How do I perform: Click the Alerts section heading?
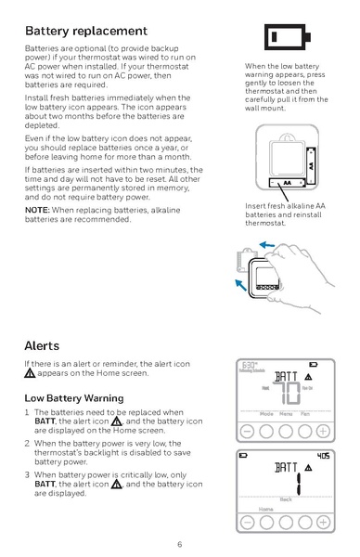[x=42, y=344]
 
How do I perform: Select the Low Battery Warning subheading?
[x=73, y=397]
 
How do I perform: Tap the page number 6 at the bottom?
[x=180, y=543]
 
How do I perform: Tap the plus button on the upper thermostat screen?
[x=322, y=431]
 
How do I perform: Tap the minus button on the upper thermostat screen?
[x=248, y=431]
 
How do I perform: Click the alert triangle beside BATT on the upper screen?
[x=308, y=378]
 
